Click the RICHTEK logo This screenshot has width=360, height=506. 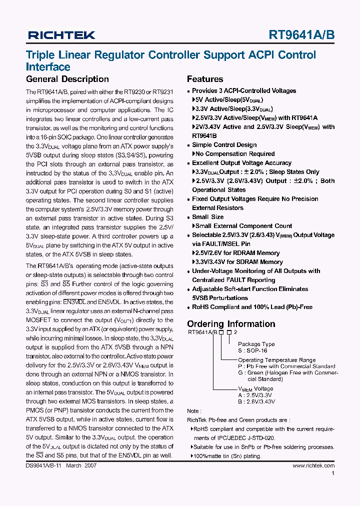coord(61,35)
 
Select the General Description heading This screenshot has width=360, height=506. coord(67,79)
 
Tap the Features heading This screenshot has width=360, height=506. coord(205,79)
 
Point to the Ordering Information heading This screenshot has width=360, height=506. coord(231,324)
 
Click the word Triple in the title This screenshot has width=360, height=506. coord(41,55)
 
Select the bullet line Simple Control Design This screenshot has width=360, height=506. coord(224,145)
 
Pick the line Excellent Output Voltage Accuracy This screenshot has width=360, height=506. coord(241,163)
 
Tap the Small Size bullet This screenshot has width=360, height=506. coord(207,217)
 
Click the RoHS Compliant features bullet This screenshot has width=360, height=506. coord(252,307)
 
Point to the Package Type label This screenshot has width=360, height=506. coord(256,344)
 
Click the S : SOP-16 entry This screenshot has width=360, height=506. coord(252,351)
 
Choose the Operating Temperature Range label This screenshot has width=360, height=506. coord(276,360)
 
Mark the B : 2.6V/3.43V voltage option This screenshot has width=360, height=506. coord(256,401)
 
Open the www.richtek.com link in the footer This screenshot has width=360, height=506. coord(313,465)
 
